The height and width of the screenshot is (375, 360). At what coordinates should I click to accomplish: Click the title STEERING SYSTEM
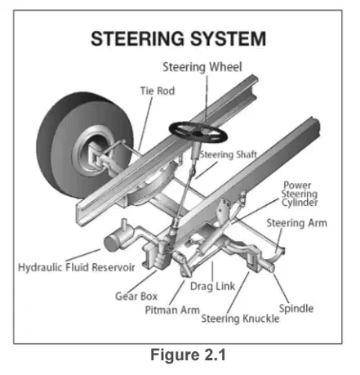(178, 38)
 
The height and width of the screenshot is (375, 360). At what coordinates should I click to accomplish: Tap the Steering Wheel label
(202, 67)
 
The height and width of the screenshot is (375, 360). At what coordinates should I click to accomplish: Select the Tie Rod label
(158, 91)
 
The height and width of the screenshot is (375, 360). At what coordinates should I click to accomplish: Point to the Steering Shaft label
(229, 154)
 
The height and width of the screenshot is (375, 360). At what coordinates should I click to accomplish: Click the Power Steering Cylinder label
(300, 194)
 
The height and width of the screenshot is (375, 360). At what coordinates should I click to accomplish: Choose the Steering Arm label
(296, 223)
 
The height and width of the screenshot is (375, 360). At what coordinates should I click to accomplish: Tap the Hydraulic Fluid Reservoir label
(77, 267)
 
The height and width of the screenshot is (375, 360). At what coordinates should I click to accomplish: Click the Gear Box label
(136, 297)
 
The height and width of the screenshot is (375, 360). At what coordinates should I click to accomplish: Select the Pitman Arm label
(172, 310)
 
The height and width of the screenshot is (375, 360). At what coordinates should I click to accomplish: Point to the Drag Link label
(212, 287)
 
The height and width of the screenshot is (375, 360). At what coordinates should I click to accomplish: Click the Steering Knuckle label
(240, 319)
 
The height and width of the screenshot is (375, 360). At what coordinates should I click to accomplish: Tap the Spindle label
(296, 309)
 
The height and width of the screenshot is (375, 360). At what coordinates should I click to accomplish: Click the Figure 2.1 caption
(188, 355)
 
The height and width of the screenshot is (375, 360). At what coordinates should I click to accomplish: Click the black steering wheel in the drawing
(198, 132)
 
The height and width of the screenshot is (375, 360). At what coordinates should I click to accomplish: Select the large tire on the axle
(84, 145)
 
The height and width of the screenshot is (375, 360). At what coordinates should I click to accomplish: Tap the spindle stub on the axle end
(268, 266)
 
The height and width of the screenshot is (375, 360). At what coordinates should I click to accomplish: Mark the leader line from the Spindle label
(281, 288)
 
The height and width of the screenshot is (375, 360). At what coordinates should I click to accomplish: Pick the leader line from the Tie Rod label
(145, 123)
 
